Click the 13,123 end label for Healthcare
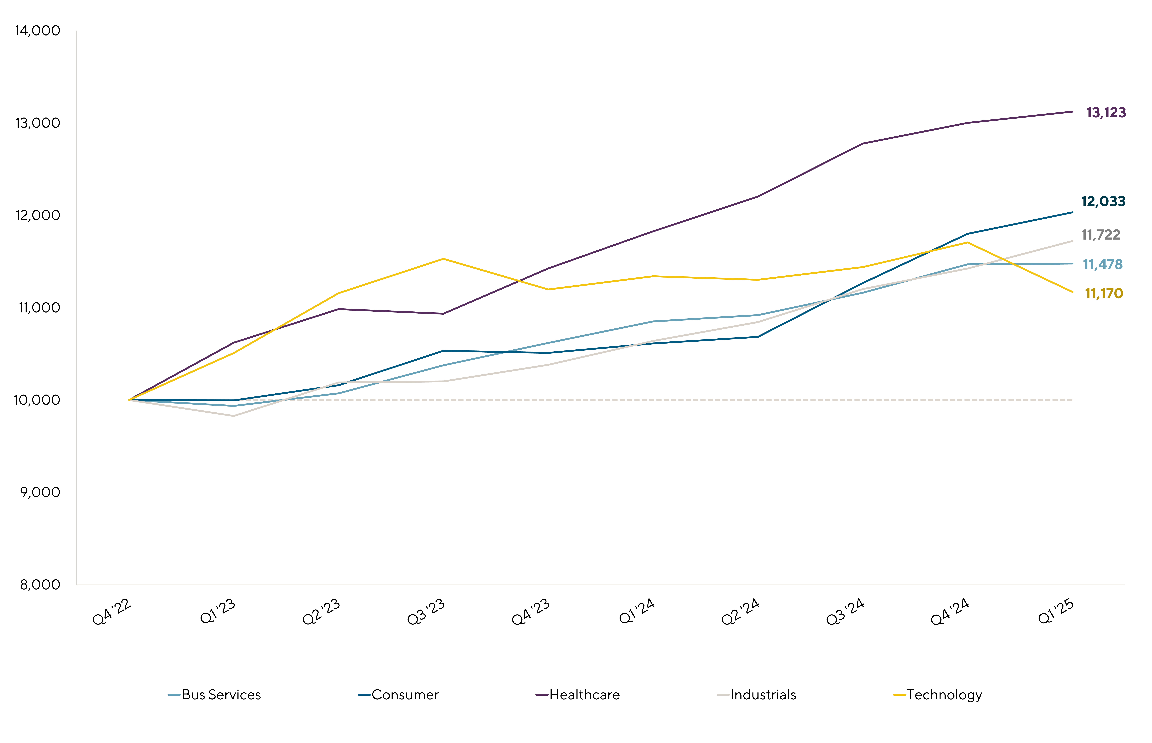1106,113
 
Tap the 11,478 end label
1103,264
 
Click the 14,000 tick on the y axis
38,31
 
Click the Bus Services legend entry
221,695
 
